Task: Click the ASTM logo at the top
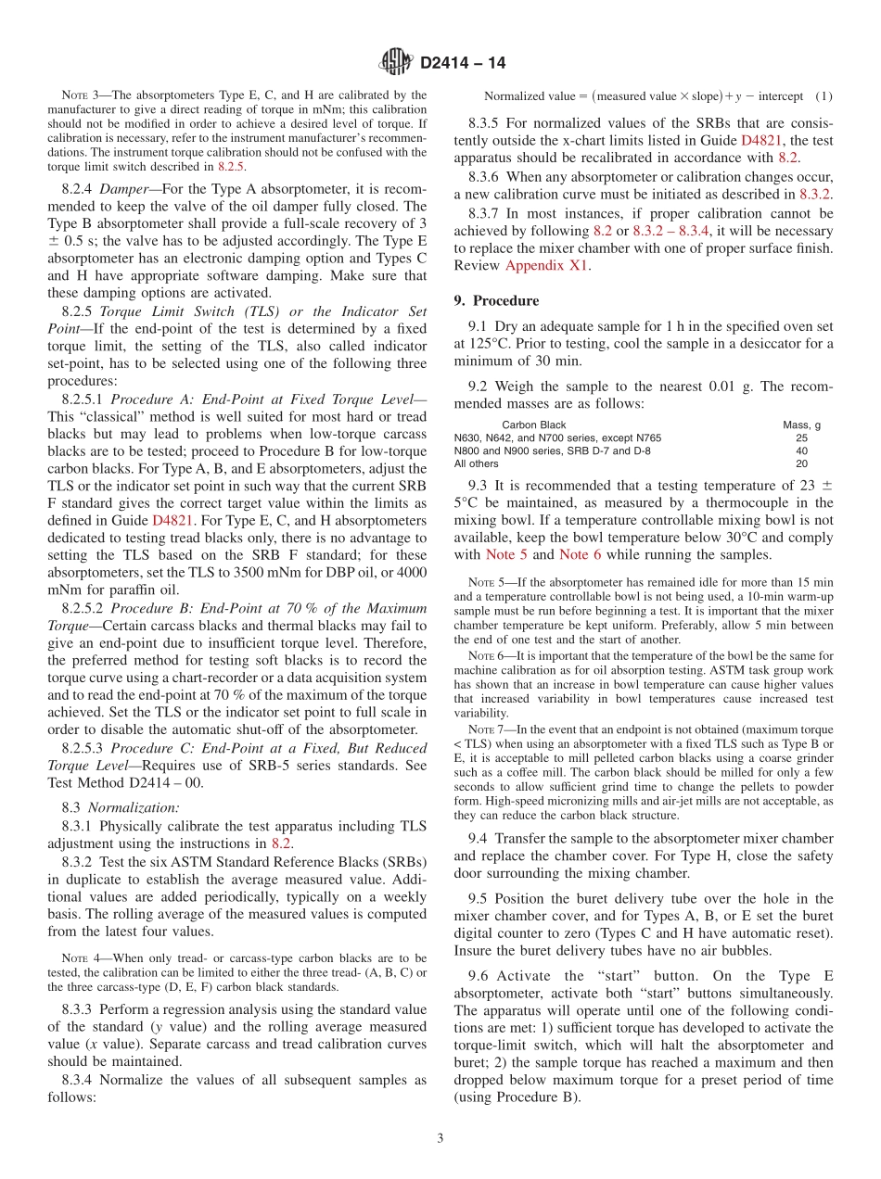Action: tap(396, 63)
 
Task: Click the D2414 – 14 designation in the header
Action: tap(463, 64)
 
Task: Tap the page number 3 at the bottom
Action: tap(440, 1138)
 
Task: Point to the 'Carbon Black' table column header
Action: tap(533, 425)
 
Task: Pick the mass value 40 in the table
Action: tap(801, 451)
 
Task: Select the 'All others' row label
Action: tap(476, 463)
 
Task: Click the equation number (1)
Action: tap(823, 96)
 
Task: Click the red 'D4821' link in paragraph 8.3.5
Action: tap(760, 141)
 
